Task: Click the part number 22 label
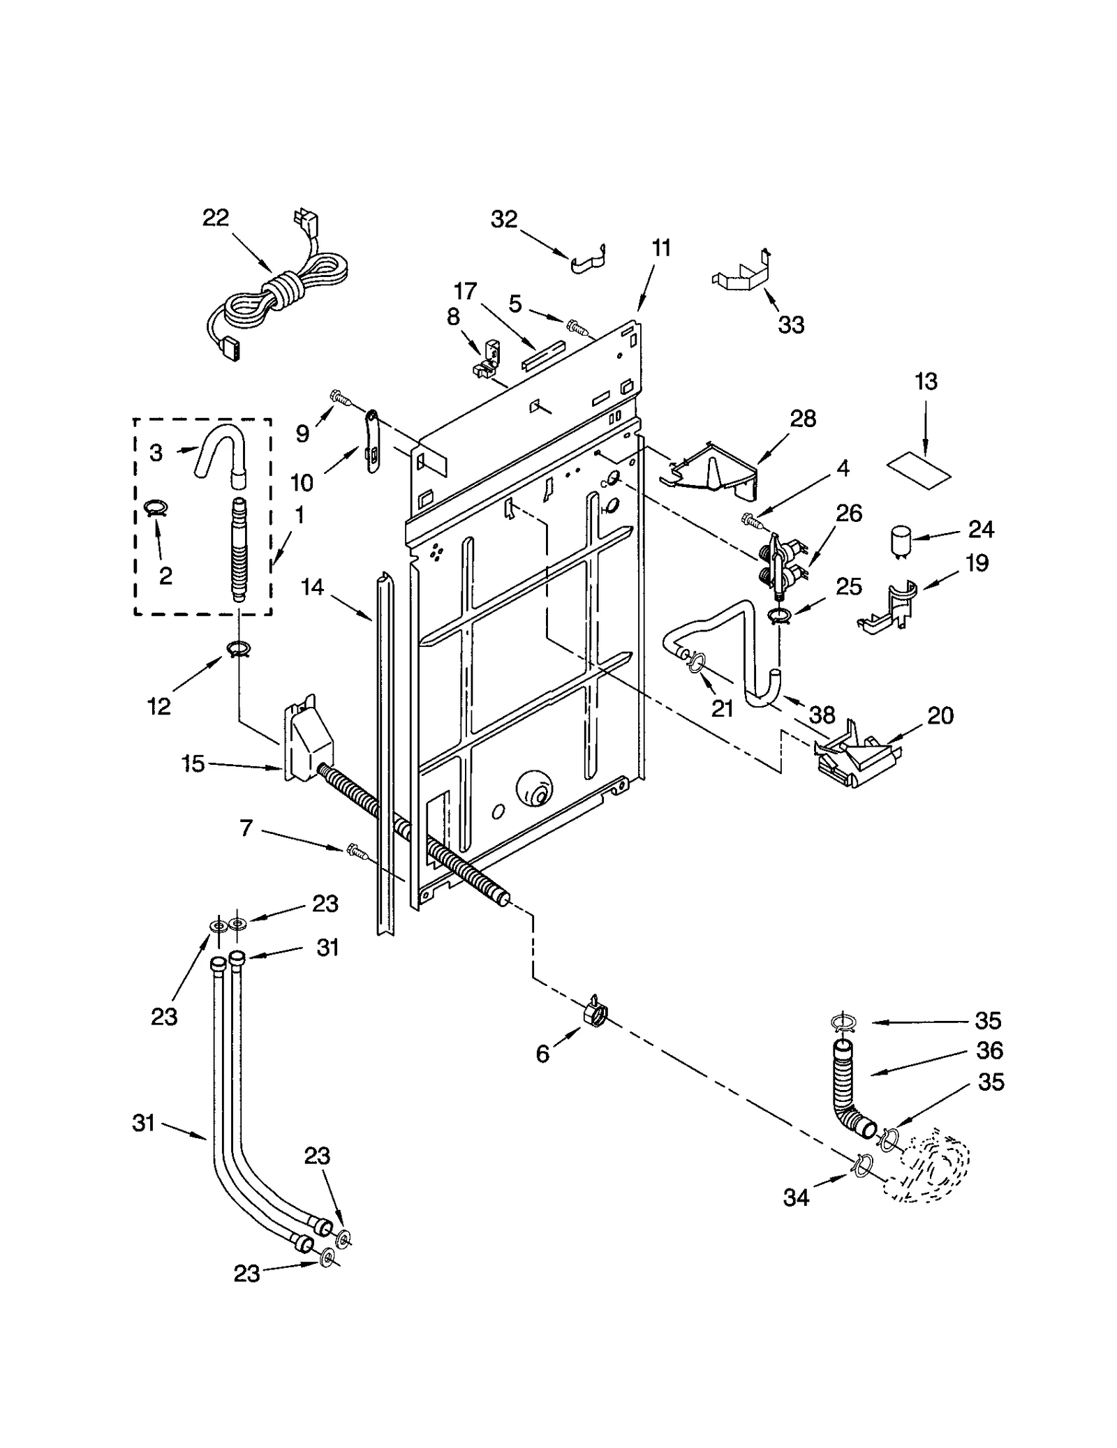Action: (x=216, y=218)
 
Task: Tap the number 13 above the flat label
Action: (x=926, y=382)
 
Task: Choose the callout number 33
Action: (x=791, y=324)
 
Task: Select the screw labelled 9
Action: (x=341, y=396)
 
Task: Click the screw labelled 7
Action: (x=355, y=849)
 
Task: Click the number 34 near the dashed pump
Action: (x=796, y=1197)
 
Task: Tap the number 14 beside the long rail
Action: (x=312, y=588)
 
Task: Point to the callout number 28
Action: (x=803, y=419)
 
